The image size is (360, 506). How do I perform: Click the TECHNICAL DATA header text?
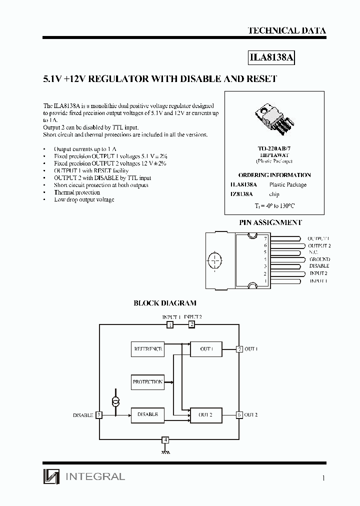click(x=286, y=30)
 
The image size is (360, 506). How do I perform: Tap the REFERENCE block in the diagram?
click(x=147, y=349)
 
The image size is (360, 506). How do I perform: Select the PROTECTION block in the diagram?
click(x=147, y=382)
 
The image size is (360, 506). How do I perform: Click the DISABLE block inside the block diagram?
click(x=147, y=414)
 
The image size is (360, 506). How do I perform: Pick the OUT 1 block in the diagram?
click(x=206, y=349)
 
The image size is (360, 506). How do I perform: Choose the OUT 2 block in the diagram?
click(x=206, y=414)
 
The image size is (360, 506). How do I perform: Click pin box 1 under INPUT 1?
click(x=170, y=325)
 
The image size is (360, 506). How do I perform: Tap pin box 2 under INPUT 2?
click(x=191, y=325)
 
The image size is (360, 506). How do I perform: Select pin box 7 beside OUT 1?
click(x=239, y=349)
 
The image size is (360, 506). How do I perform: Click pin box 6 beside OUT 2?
click(x=239, y=414)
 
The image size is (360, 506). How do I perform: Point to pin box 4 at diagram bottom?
click(x=165, y=440)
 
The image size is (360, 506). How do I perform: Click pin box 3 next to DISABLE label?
click(x=99, y=415)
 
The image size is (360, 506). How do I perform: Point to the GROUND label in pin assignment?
click(x=319, y=259)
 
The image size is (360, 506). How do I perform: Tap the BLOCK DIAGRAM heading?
click(x=164, y=303)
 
